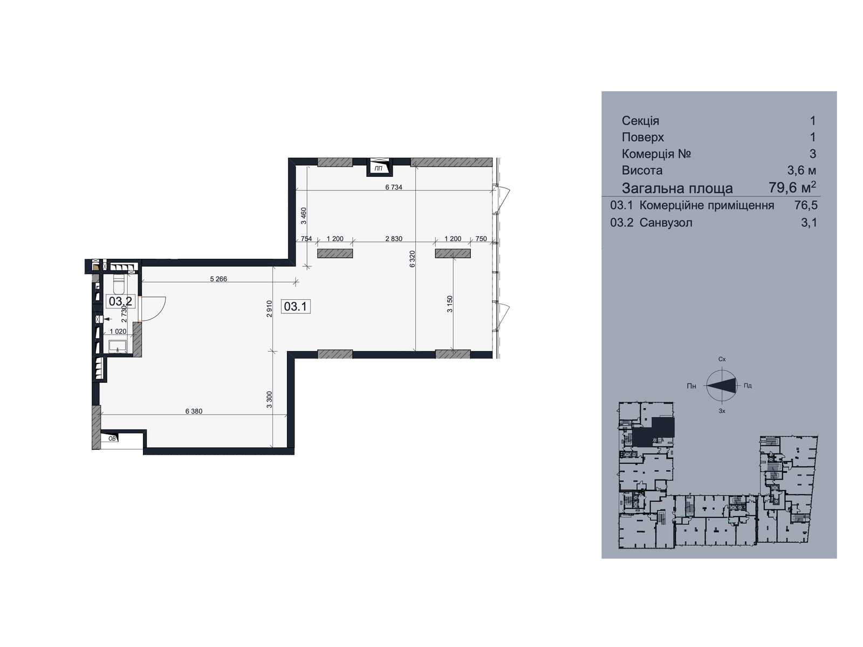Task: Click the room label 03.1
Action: [x=295, y=306]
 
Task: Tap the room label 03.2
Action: [x=121, y=302]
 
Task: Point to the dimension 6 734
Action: [x=394, y=188]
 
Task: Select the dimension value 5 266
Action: [x=218, y=279]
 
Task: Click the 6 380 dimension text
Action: [x=194, y=411]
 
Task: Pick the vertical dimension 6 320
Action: [x=412, y=259]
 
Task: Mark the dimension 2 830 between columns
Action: [x=394, y=239]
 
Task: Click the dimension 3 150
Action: [x=450, y=304]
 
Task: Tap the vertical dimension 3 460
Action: [x=304, y=216]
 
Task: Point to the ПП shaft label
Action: [x=379, y=169]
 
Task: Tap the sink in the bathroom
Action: [x=117, y=347]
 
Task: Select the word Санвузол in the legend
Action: [x=666, y=223]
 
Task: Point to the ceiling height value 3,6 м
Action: [x=802, y=170]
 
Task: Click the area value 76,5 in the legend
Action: [x=806, y=205]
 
